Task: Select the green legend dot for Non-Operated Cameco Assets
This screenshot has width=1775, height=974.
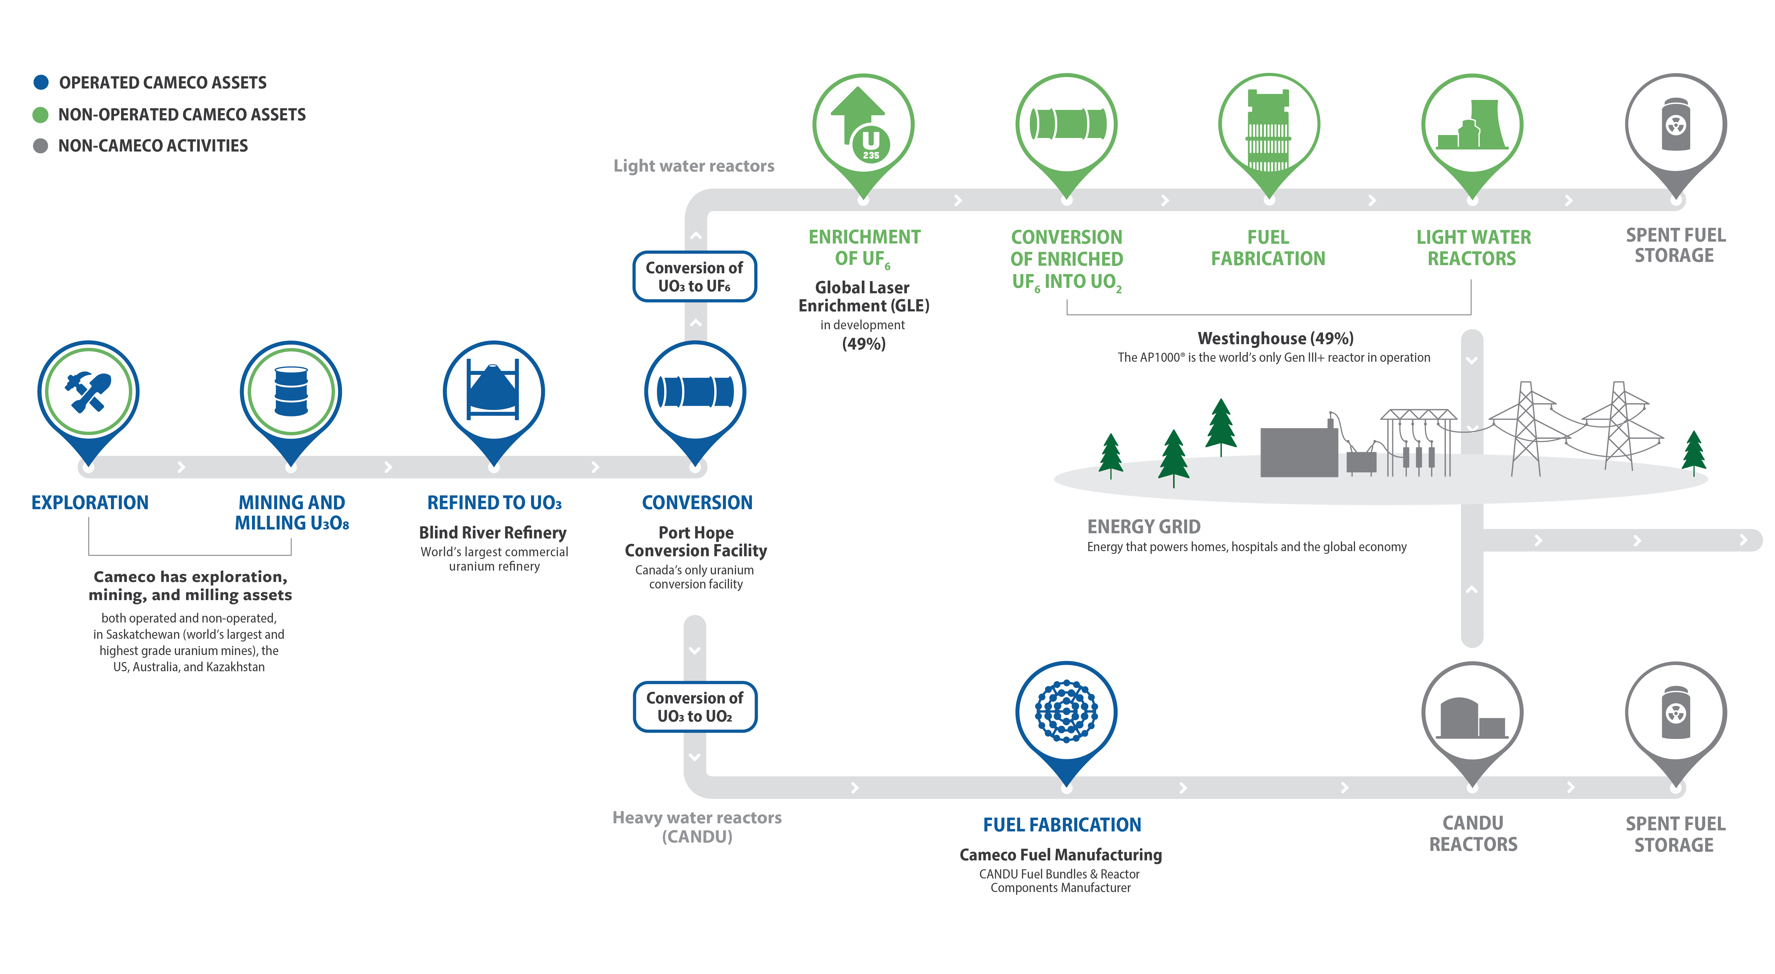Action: [x=41, y=114]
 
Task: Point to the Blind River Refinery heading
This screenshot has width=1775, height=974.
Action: [x=493, y=532]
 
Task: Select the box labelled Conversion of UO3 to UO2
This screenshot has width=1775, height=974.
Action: [x=695, y=707]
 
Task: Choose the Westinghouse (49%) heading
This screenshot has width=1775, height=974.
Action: [x=1275, y=338]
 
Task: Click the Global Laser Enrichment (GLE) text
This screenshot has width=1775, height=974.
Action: [x=863, y=296]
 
